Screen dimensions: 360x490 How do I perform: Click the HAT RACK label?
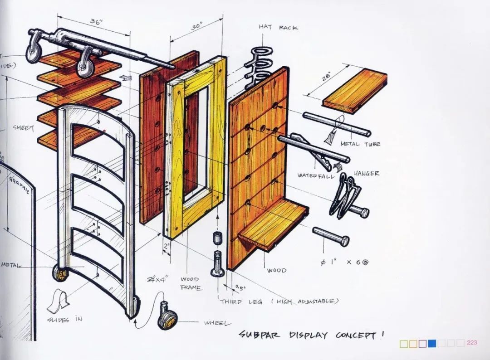(278, 28)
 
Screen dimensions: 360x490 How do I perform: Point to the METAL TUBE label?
(360, 144)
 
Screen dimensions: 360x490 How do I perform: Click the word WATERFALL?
(316, 175)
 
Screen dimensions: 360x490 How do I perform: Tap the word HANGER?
(366, 173)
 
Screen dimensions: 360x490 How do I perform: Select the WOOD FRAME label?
(190, 283)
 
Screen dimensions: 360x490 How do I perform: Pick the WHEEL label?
(217, 323)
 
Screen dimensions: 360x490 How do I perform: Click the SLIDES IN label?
(65, 319)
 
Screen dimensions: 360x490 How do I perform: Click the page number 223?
(472, 343)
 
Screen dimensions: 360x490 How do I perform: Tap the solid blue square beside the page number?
(432, 344)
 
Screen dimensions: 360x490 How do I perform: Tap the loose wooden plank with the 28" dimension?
(355, 91)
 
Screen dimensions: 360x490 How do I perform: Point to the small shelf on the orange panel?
(272, 224)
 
